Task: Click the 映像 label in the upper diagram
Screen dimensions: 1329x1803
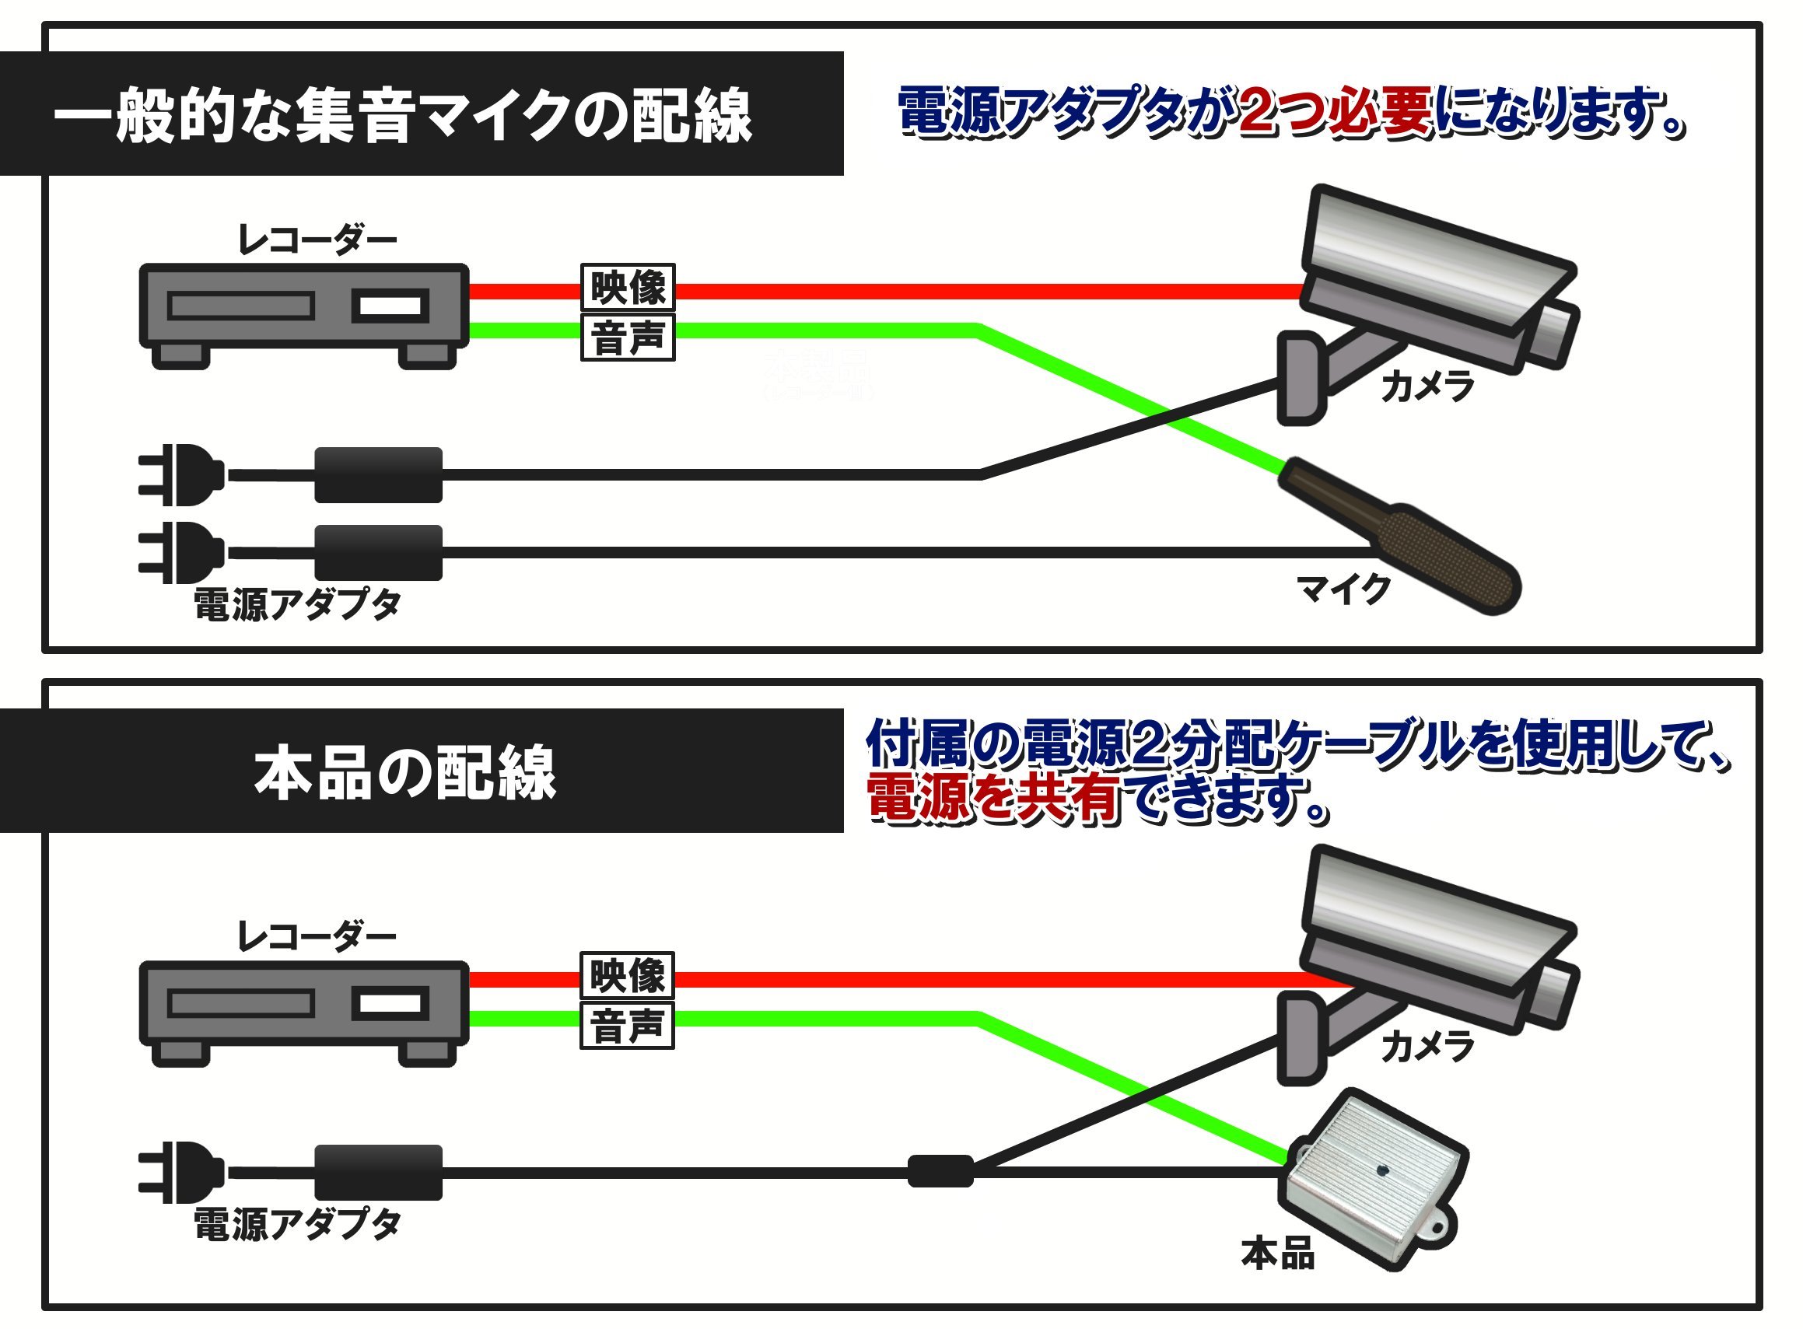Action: tap(628, 287)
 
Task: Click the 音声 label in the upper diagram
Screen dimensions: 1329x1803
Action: tap(628, 337)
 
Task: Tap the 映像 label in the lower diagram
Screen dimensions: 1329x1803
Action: tap(628, 975)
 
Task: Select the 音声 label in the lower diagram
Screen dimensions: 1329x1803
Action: tap(628, 1026)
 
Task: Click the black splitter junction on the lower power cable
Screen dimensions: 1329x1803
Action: tap(940, 1170)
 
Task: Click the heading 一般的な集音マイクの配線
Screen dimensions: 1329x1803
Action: tap(402, 115)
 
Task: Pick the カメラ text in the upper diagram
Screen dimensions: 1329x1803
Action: tap(1427, 387)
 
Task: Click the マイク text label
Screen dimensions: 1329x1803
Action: tap(1343, 589)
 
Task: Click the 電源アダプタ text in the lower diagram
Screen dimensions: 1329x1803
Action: tap(297, 1225)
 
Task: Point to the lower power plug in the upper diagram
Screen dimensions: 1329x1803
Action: tap(181, 553)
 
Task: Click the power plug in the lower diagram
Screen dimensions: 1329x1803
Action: tap(181, 1172)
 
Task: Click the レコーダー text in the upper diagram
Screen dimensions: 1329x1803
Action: tap(317, 240)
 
